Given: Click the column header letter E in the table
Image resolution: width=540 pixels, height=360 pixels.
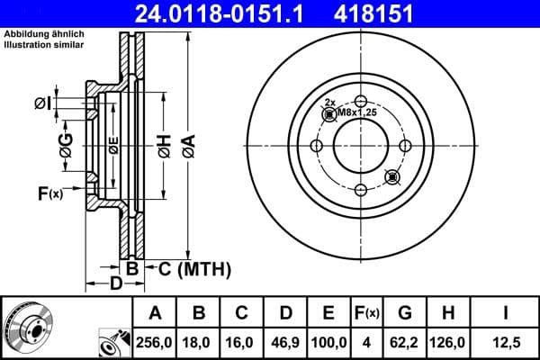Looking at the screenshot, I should (x=328, y=313).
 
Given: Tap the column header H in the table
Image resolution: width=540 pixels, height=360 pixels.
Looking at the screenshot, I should (x=449, y=313).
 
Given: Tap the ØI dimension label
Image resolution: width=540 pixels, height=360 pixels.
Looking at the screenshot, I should (x=41, y=103).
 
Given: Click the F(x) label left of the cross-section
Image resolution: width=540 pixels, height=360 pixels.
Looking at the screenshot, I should (x=49, y=192).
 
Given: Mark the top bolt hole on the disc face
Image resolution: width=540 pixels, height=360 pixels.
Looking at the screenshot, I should (x=360, y=101).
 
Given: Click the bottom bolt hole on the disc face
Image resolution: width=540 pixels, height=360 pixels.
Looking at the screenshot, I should (x=360, y=189).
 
